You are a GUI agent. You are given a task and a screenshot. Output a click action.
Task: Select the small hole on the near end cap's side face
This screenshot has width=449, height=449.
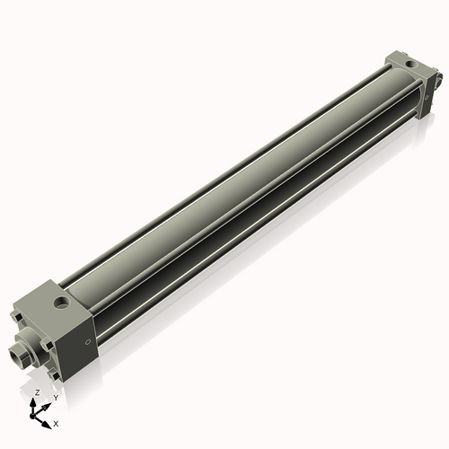point(87,343)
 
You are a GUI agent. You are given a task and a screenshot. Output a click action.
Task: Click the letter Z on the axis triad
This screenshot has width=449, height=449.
point(37,393)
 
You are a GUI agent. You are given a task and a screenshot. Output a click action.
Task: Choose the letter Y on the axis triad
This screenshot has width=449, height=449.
point(55,398)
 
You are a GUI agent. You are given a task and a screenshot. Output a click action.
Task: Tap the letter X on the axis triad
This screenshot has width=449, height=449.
point(56,422)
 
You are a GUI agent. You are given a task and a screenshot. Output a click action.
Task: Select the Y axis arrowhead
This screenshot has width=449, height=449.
point(48,403)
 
